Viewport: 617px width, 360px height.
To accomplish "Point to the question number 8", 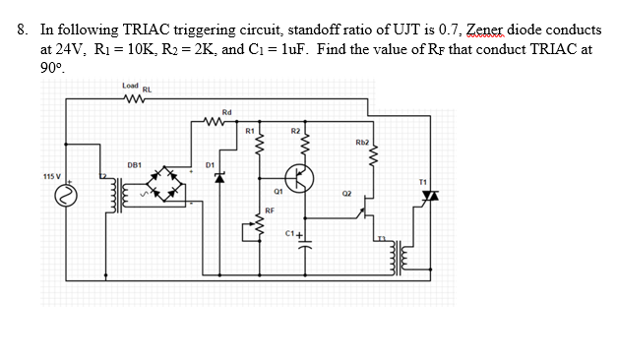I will coord(24,30).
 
